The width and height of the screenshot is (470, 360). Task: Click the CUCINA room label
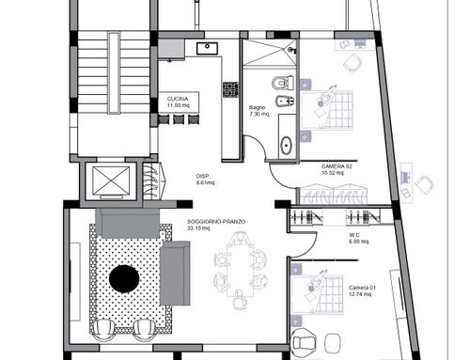pyautogui.click(x=178, y=99)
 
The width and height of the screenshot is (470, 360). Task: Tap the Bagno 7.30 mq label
pyautogui.click(x=258, y=111)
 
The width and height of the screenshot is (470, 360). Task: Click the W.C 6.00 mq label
pyautogui.click(x=358, y=238)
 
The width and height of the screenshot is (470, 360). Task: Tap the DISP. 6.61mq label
pyautogui.click(x=205, y=180)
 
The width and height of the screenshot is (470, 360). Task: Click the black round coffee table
pyautogui.click(x=124, y=279)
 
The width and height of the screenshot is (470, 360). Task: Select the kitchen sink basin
pyautogui.click(x=207, y=49)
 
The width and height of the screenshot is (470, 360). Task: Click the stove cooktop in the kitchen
pyautogui.click(x=230, y=89)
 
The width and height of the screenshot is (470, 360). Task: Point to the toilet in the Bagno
pyautogui.click(x=283, y=83)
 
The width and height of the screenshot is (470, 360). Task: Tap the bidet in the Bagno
pyautogui.click(x=285, y=102)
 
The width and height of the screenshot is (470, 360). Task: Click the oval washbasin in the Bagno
pyautogui.click(x=286, y=145)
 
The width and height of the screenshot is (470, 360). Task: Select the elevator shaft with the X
pyautogui.click(x=111, y=181)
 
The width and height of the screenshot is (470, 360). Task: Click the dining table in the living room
pyautogui.click(x=241, y=270)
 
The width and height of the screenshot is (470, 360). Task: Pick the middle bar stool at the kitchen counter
pyautogui.click(x=179, y=119)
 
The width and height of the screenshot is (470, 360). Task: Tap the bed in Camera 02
pyautogui.click(x=327, y=110)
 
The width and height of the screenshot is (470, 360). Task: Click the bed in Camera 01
pyautogui.click(x=317, y=294)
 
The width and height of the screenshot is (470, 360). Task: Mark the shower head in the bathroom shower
pyautogui.click(x=291, y=50)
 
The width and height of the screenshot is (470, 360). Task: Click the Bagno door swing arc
pyautogui.click(x=258, y=143)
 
